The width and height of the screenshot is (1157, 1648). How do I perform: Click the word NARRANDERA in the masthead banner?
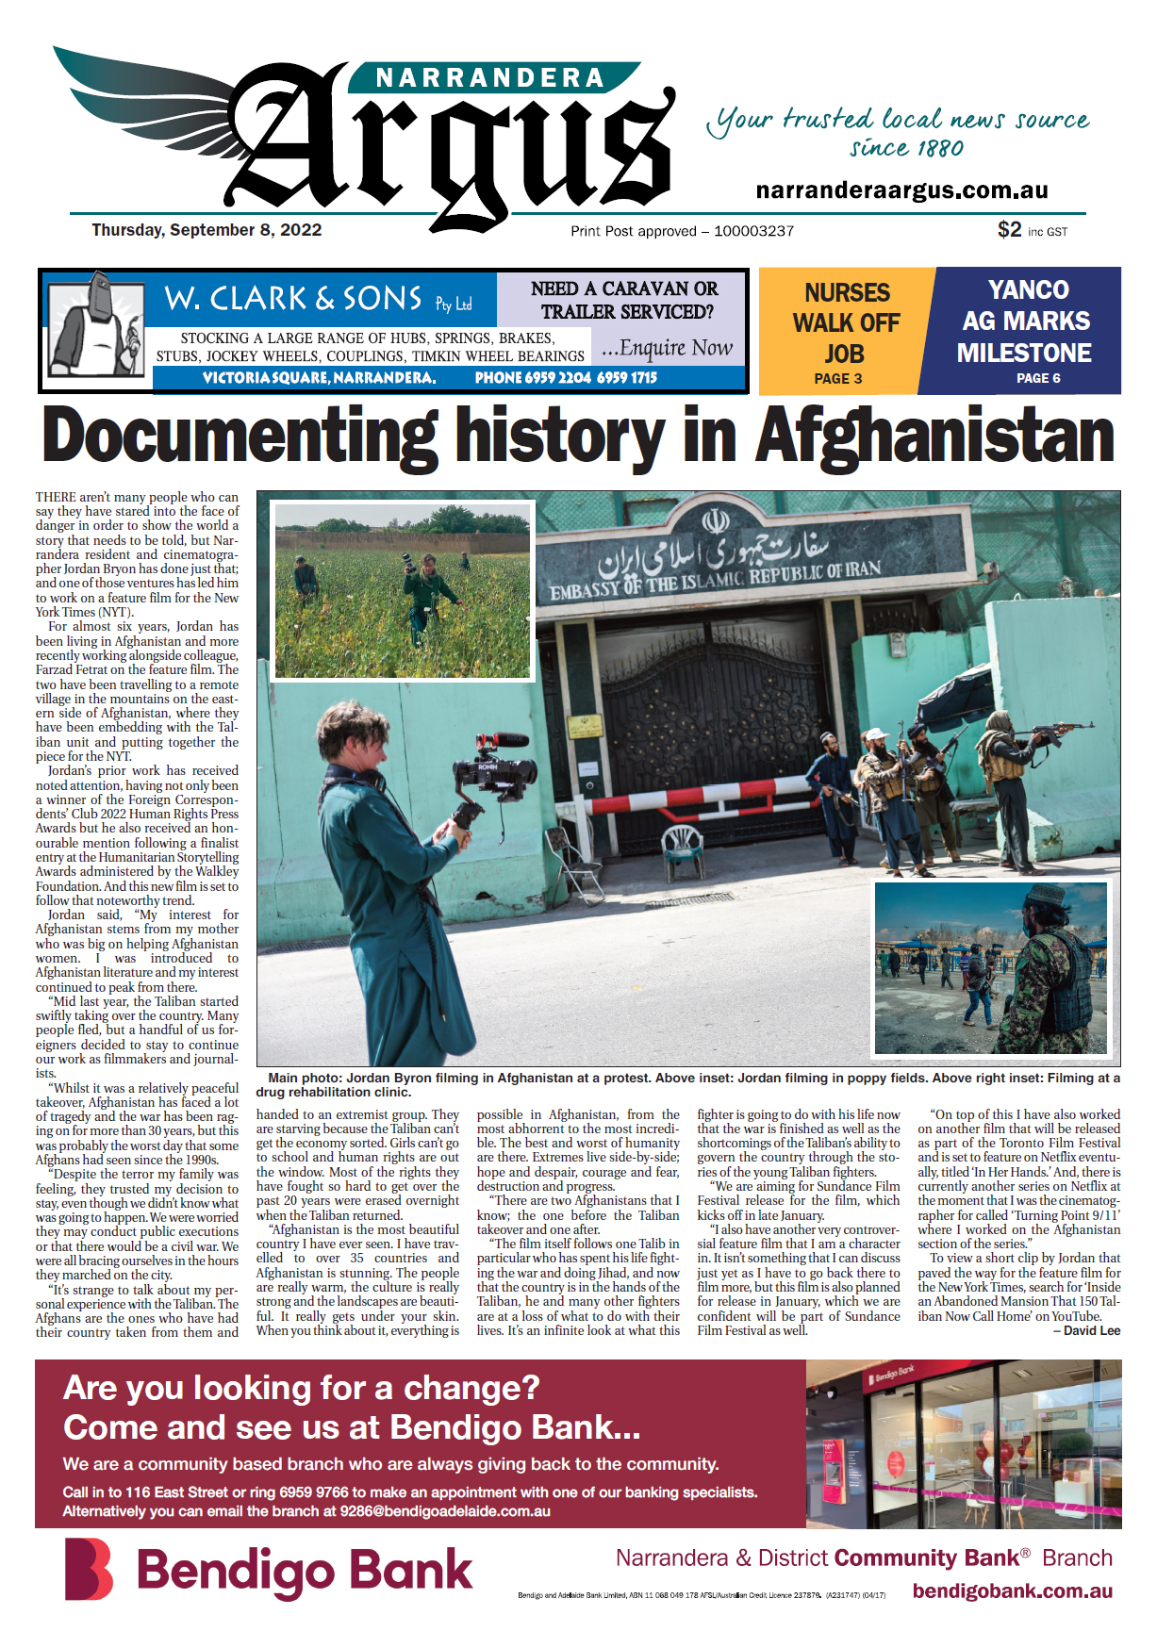point(490,77)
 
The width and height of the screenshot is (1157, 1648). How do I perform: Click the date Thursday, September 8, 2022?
point(207,230)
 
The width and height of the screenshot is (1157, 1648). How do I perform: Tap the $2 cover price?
point(1009,230)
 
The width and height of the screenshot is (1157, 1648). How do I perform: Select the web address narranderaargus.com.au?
point(901,190)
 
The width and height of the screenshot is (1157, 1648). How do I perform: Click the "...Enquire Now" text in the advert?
point(667,349)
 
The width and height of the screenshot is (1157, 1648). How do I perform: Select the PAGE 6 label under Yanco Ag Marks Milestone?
point(1038,378)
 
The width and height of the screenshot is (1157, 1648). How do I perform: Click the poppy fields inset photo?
point(403,591)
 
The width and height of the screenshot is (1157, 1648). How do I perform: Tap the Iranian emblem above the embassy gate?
point(715,520)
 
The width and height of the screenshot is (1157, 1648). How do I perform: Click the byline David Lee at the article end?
point(1091,1330)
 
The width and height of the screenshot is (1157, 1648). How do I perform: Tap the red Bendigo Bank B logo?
point(89,1570)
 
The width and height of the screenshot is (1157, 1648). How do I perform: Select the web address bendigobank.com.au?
point(1012,1591)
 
